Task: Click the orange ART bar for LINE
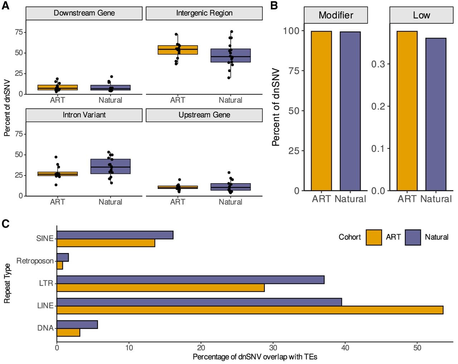pos(250,310)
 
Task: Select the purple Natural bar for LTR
pos(190,280)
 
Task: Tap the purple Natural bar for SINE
pos(115,235)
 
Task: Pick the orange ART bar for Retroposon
pos(60,265)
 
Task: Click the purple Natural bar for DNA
pos(77,325)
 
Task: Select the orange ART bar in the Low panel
pos(407,111)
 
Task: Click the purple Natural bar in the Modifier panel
pos(350,111)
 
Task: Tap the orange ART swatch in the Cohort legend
pos(374,237)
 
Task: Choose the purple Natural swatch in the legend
pos(413,237)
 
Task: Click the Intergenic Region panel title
pos(204,13)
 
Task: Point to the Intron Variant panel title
pos(84,115)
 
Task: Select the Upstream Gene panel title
pos(204,115)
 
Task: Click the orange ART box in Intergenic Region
pos(178,50)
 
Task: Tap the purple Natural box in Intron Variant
pos(111,166)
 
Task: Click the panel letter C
pos(6,224)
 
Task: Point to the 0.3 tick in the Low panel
pos(378,64)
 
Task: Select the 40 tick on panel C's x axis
pos(345,348)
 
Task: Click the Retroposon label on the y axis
pos(35,261)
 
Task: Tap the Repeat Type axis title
pos(7,283)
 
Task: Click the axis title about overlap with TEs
pos(255,357)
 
